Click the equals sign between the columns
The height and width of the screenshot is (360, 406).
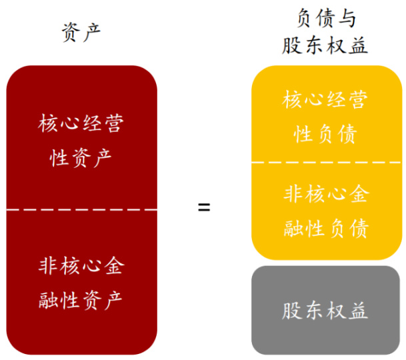click(x=204, y=207)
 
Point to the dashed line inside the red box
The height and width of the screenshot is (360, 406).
click(x=81, y=209)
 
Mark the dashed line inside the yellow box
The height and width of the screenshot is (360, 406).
click(x=326, y=162)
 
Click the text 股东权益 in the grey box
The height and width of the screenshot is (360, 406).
click(x=325, y=310)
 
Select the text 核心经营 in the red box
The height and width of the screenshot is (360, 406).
click(x=81, y=125)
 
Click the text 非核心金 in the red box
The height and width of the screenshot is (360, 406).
click(x=81, y=266)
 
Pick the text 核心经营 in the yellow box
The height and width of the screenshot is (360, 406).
click(x=325, y=101)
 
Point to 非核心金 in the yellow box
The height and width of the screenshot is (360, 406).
click(x=325, y=195)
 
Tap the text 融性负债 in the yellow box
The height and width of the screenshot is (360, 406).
click(x=325, y=228)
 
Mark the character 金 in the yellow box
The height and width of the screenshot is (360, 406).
click(x=357, y=195)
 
